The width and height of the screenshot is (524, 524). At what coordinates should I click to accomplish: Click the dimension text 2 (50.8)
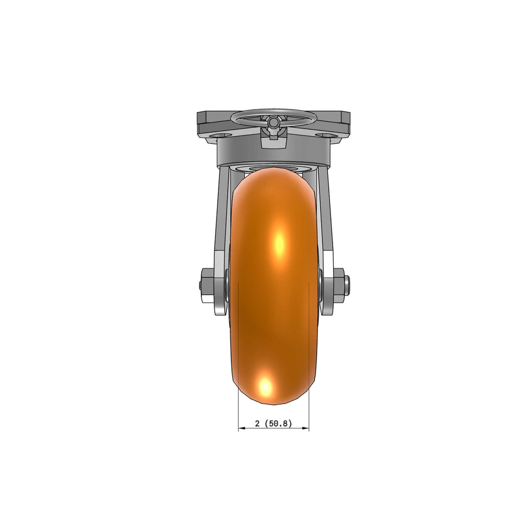coord(273,423)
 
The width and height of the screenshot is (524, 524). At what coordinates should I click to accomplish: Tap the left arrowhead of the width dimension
coord(242,428)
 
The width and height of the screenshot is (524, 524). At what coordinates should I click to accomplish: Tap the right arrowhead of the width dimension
coord(305,428)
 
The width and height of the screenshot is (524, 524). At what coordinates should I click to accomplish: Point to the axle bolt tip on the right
coord(347,281)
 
